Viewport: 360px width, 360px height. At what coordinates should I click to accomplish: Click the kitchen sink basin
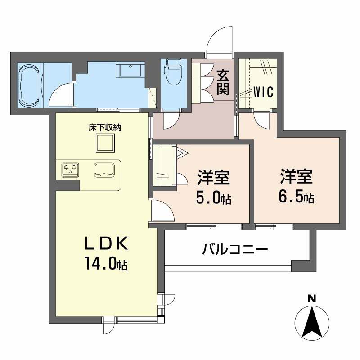(x=105, y=170)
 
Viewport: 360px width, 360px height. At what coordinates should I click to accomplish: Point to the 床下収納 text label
(x=104, y=128)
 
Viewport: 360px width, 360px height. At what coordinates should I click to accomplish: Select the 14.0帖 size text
(x=106, y=264)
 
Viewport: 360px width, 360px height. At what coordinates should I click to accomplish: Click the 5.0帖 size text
(x=213, y=198)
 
